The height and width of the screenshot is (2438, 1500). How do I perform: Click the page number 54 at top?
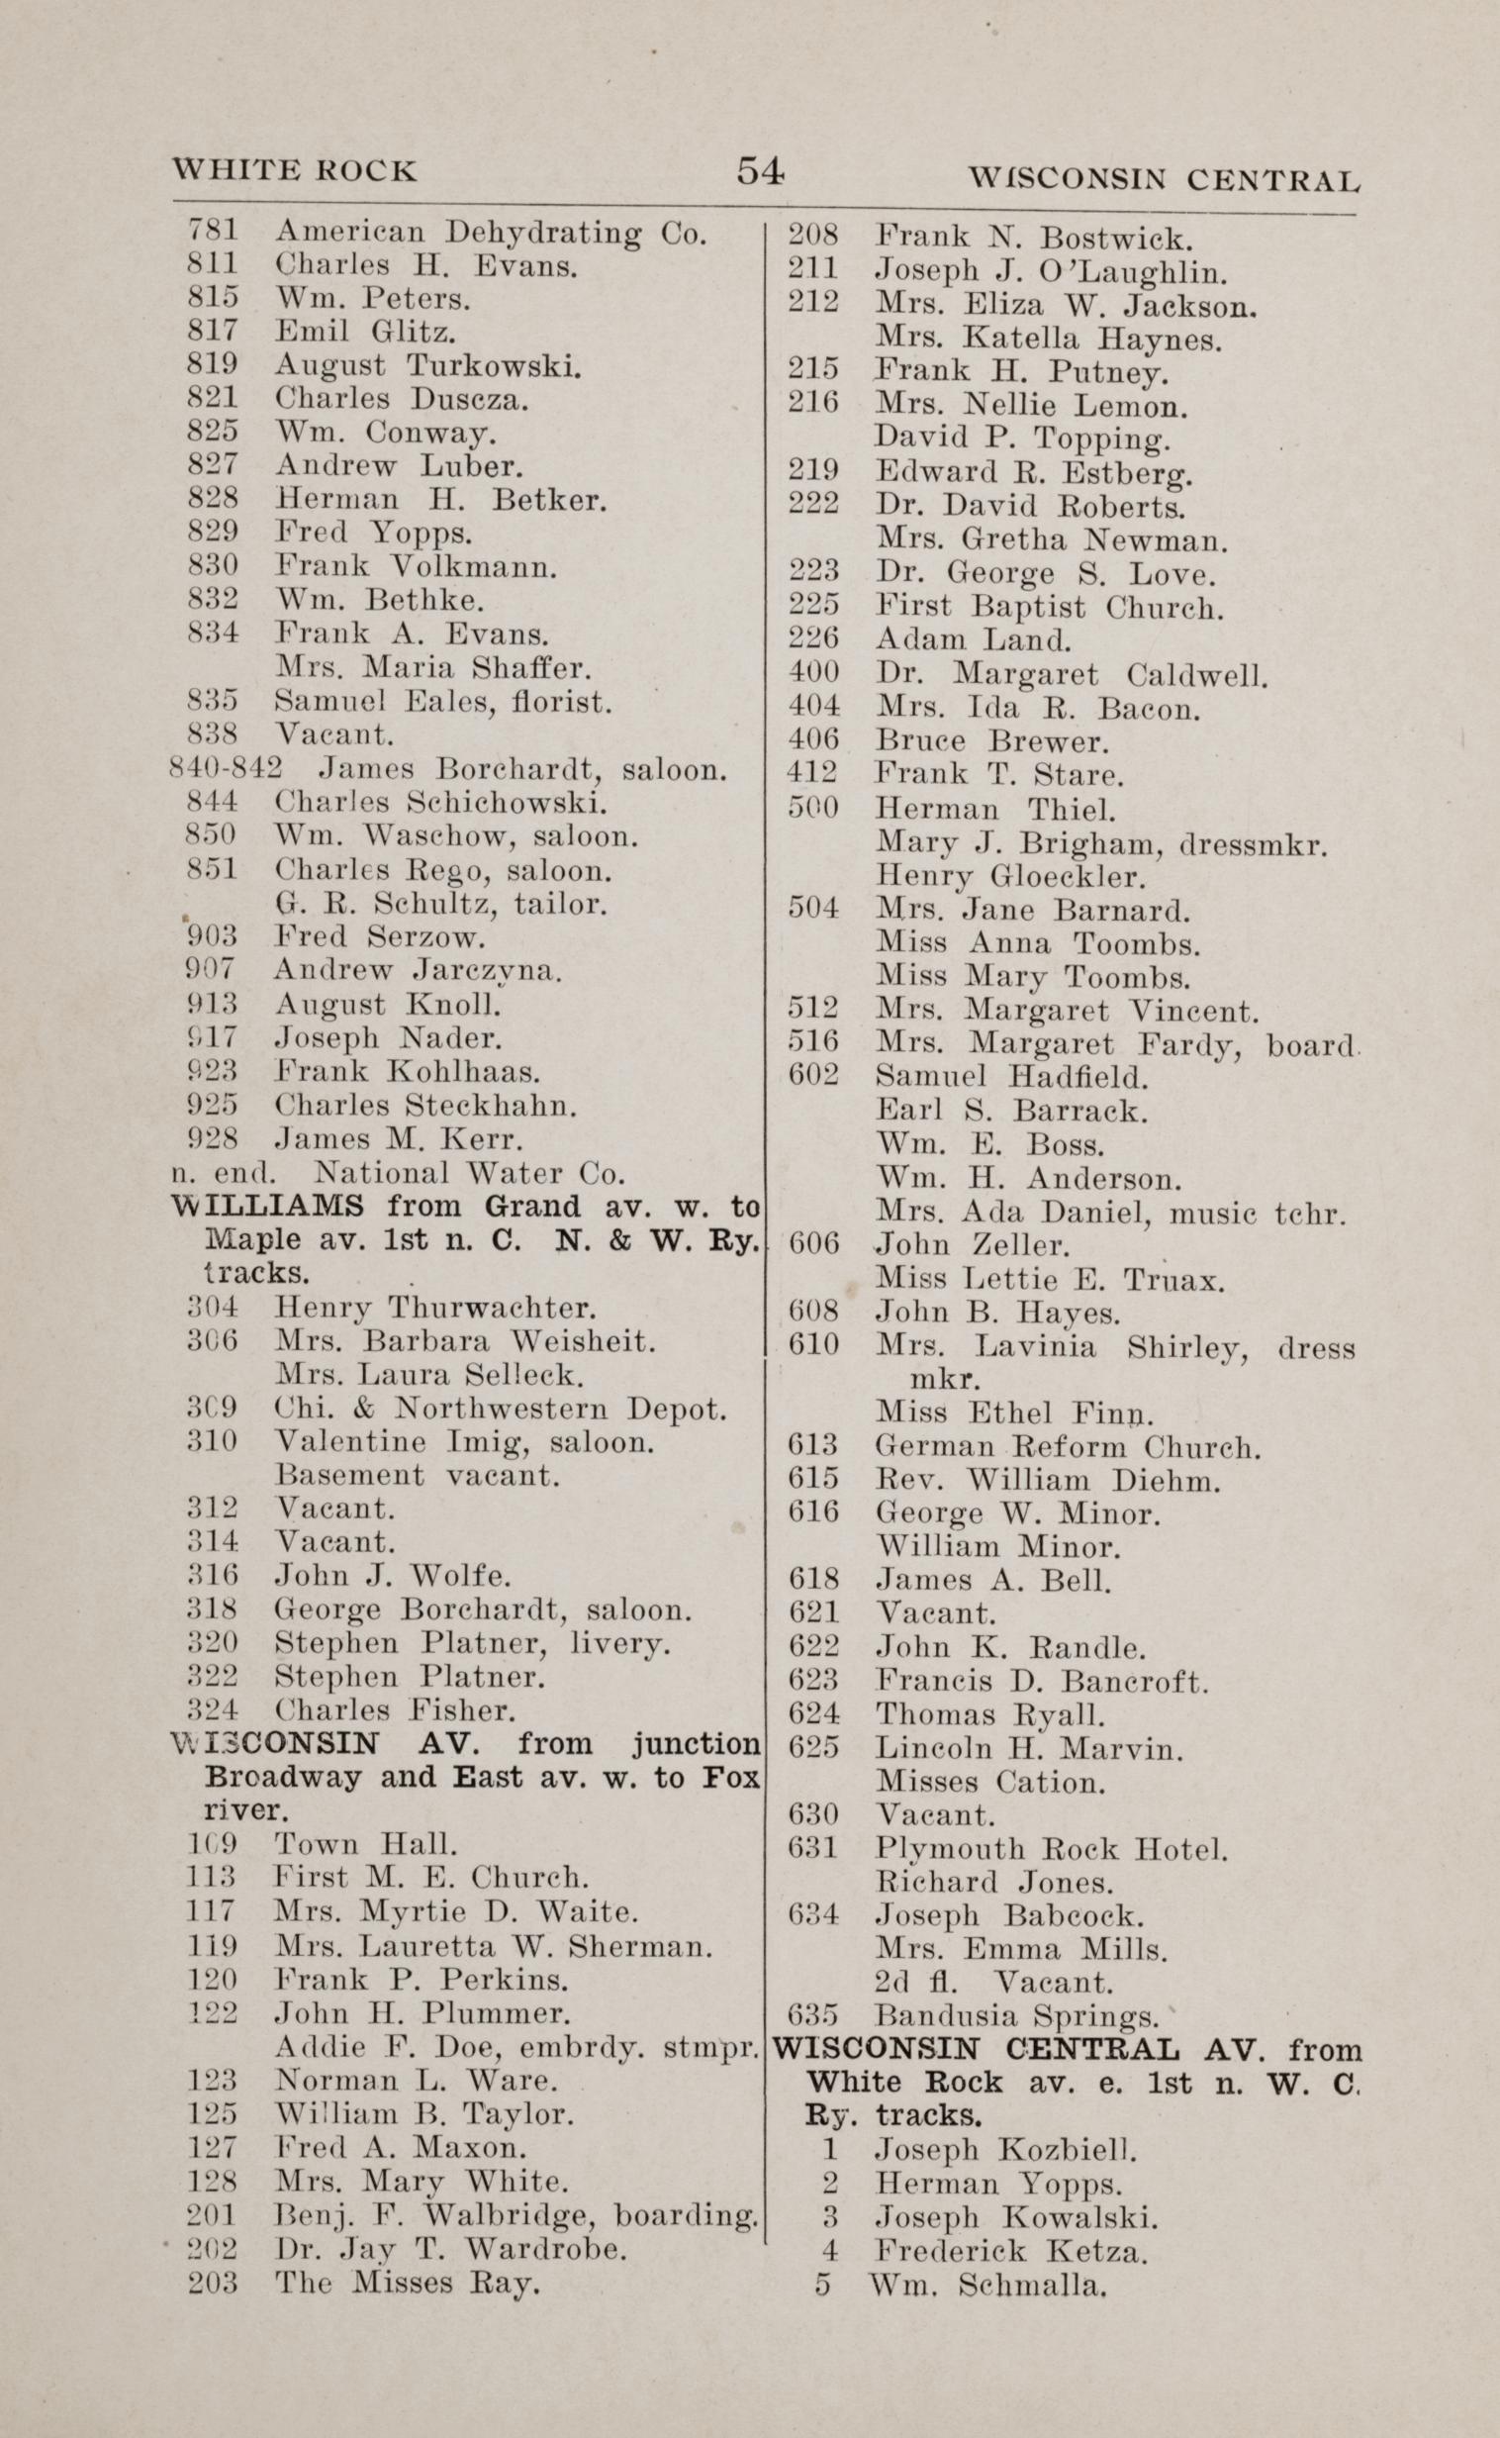(760, 171)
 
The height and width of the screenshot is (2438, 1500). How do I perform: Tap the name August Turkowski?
(427, 366)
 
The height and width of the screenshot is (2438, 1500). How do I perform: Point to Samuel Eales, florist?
(442, 703)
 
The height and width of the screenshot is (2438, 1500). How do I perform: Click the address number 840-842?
(228, 769)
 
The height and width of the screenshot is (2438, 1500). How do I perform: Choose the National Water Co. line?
(468, 1173)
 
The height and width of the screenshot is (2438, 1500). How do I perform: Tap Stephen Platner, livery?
(472, 1643)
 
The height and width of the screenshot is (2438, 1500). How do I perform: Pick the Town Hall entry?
(366, 1845)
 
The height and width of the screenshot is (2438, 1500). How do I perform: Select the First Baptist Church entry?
(1050, 606)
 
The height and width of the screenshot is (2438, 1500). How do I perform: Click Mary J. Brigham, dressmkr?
(1101, 844)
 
